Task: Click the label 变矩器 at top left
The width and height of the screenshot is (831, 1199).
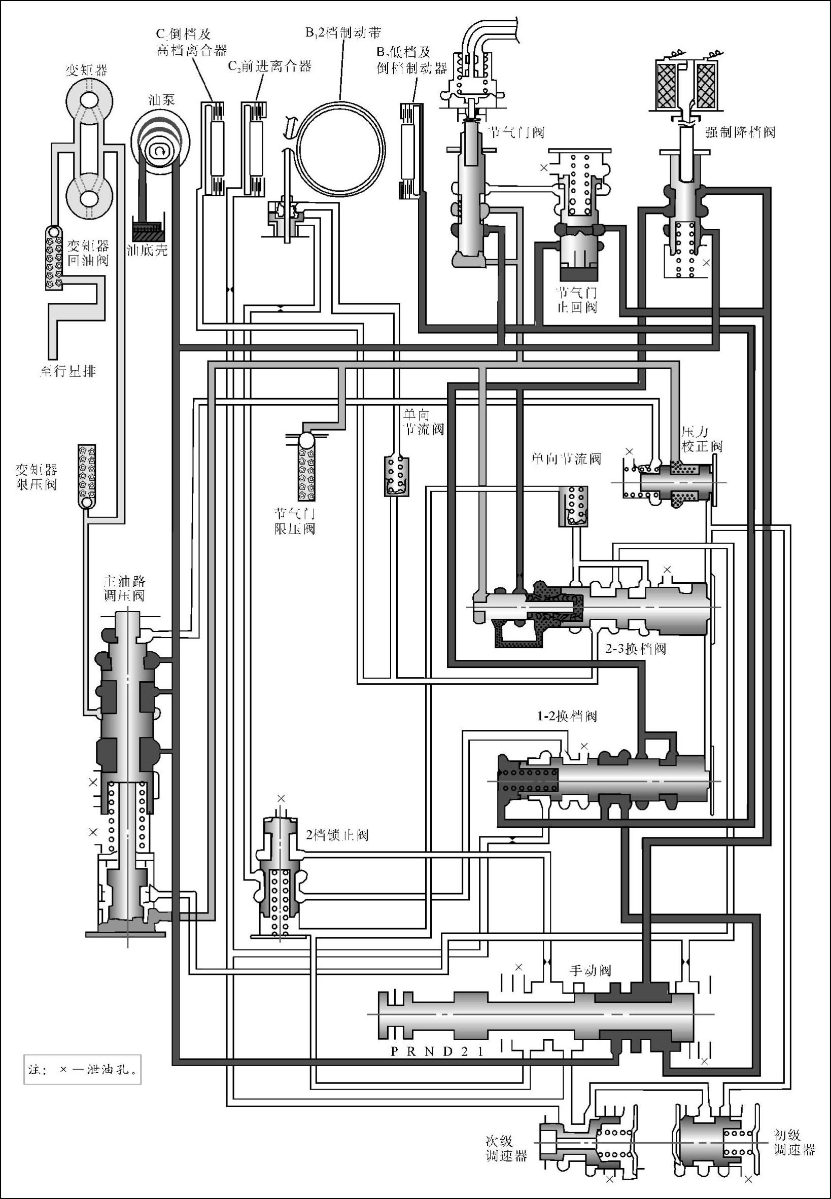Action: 86,69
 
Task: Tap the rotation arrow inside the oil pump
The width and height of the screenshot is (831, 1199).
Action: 157,151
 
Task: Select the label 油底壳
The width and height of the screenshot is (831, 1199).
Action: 147,251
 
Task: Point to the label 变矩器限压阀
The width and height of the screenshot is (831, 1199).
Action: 36,477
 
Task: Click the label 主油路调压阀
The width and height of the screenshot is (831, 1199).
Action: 124,588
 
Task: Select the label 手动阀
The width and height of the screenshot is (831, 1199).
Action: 591,971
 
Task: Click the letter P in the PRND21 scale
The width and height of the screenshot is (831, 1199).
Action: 395,1052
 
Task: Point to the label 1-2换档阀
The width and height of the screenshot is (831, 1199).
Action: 567,716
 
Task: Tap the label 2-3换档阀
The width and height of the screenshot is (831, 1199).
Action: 636,649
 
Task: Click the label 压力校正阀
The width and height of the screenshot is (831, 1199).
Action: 701,439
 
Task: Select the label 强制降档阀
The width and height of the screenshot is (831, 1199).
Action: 740,132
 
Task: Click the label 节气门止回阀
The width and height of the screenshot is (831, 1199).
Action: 577,299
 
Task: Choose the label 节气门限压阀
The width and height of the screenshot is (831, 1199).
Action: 295,521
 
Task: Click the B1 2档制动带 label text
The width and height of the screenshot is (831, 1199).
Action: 343,33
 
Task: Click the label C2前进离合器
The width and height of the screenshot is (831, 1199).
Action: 270,66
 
